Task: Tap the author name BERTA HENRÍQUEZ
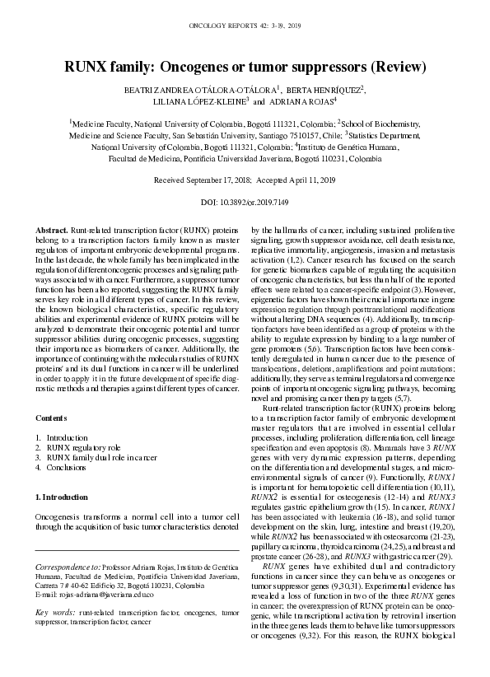tap(325, 89)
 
